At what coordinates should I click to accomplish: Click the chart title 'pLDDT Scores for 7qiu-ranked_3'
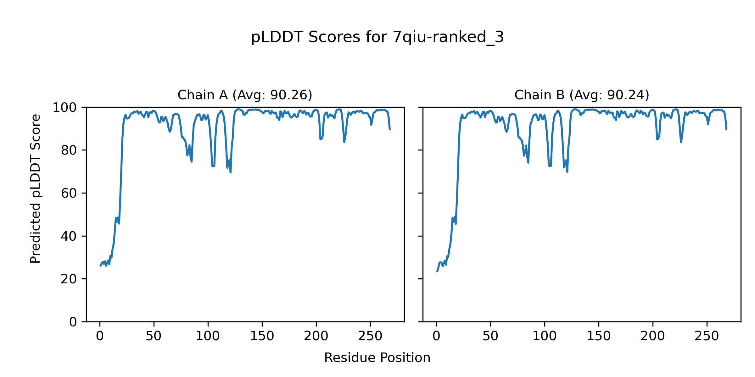pyautogui.click(x=377, y=37)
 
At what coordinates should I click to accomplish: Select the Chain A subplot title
pyautogui.click(x=245, y=95)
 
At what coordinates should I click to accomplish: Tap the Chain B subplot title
pyautogui.click(x=582, y=95)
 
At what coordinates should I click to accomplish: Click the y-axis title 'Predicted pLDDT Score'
pyautogui.click(x=35, y=188)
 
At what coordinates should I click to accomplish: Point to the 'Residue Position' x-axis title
pyautogui.click(x=377, y=358)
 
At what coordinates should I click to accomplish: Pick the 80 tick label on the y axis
pyautogui.click(x=69, y=150)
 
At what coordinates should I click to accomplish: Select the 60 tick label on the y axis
pyautogui.click(x=69, y=193)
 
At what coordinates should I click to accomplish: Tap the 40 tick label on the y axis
pyautogui.click(x=69, y=236)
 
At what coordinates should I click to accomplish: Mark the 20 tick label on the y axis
pyautogui.click(x=69, y=279)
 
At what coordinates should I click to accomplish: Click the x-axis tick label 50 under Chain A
pyautogui.click(x=154, y=336)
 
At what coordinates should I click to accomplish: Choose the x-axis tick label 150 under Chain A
pyautogui.click(x=262, y=336)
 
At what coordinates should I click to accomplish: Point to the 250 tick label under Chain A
pyautogui.click(x=370, y=336)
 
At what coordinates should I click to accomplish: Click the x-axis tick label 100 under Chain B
pyautogui.click(x=545, y=336)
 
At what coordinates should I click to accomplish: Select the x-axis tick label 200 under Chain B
pyautogui.click(x=653, y=336)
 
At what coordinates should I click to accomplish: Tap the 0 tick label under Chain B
pyautogui.click(x=436, y=336)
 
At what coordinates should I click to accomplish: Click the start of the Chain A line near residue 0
pyautogui.click(x=100, y=266)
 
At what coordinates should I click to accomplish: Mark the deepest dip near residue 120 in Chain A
pyautogui.click(x=230, y=172)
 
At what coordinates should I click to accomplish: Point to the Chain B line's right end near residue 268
pyautogui.click(x=726, y=129)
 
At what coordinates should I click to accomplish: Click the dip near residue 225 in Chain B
pyautogui.click(x=681, y=142)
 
